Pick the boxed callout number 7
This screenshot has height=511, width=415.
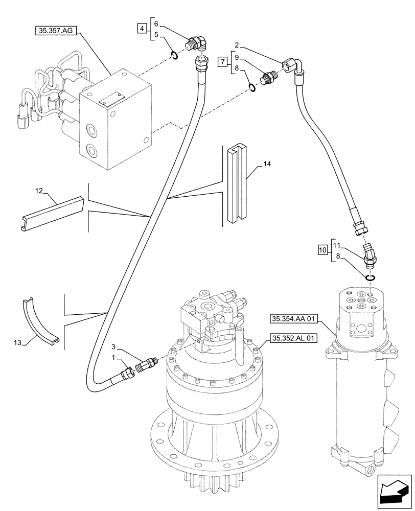tap(222, 62)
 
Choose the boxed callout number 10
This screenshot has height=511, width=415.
tap(322, 250)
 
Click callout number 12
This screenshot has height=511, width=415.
tap(38, 191)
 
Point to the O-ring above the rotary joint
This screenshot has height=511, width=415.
tap(371, 277)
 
